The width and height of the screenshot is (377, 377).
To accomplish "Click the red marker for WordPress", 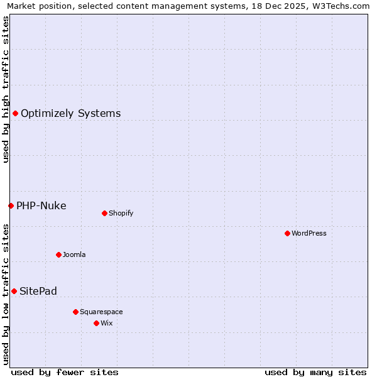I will point(287,233).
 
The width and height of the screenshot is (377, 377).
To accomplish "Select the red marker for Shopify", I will point(104,213).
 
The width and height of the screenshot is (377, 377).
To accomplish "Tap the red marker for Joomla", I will point(58,254).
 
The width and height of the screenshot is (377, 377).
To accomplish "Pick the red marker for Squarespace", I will point(75,312).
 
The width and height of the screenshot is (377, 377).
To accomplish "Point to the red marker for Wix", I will point(96,323).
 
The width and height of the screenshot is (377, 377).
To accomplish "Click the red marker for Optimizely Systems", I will point(15,113).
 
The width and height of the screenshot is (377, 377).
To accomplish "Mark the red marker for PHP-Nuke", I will point(11,205).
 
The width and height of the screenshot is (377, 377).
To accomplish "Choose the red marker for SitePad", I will point(14,291).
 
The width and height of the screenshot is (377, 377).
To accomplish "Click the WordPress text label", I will point(309,233).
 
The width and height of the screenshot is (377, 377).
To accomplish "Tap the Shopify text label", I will point(121,213).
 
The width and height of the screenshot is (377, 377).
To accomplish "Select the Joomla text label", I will point(74,254).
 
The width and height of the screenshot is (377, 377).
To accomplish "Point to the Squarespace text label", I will point(101,312).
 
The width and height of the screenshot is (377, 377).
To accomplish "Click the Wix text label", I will point(106,323).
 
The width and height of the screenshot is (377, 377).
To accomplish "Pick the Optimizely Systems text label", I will point(71,114).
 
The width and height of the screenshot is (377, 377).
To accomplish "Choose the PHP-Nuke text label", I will point(41,206).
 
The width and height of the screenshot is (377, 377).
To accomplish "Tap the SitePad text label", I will point(38,292).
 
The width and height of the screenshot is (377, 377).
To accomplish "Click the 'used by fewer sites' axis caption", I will point(65,372).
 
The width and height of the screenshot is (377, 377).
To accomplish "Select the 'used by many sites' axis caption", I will point(315,372).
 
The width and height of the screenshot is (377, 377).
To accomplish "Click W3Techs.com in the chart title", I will point(339,6).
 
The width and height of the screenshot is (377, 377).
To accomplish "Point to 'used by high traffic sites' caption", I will point(6,89).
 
